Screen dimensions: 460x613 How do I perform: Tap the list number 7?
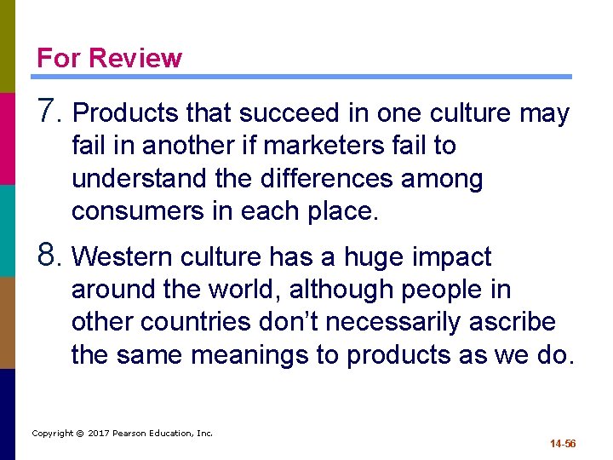(49, 111)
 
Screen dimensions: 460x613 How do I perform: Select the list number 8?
(49, 255)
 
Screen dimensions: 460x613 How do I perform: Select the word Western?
(124, 257)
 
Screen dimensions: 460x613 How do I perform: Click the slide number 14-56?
(563, 444)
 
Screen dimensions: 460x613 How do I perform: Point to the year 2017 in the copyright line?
(96, 434)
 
